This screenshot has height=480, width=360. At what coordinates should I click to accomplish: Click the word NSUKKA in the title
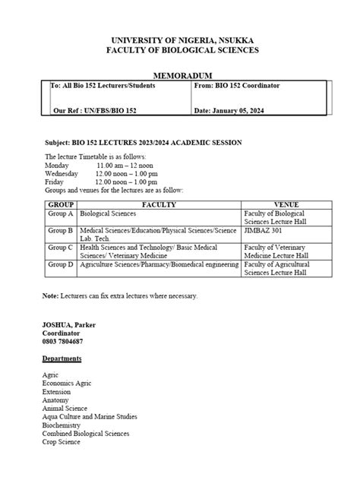(x=235, y=39)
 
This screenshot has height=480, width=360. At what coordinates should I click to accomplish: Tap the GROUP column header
(x=61, y=205)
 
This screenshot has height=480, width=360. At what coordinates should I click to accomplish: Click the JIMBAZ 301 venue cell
(x=263, y=229)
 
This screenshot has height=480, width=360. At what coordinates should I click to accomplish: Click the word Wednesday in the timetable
(x=62, y=173)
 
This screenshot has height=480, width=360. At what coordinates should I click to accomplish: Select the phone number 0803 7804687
(x=62, y=342)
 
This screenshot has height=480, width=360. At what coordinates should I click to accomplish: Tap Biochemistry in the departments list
(x=62, y=425)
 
